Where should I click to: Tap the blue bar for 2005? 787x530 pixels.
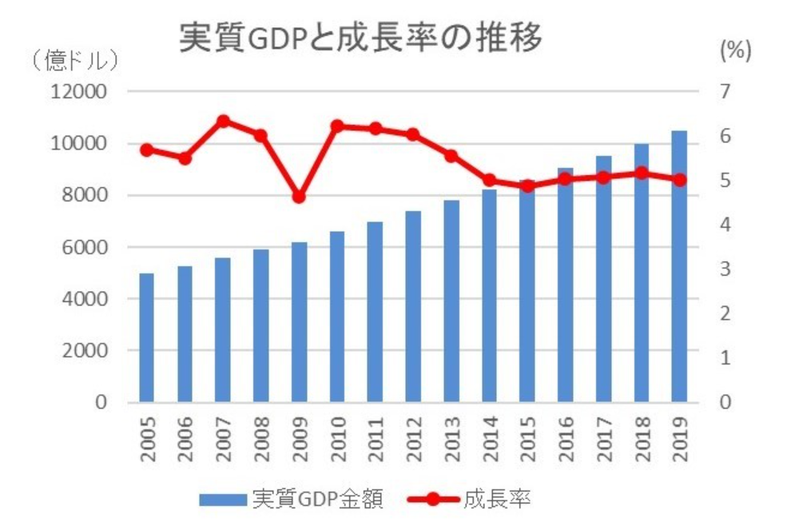pos(146,337)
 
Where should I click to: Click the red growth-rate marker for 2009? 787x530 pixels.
pos(299,197)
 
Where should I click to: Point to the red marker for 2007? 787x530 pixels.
pos(223,122)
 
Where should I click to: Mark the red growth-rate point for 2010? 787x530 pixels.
pos(337,126)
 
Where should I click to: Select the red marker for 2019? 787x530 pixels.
pos(679,180)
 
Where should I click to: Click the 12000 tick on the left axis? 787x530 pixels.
pos(78,92)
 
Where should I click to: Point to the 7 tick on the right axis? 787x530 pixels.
pos(725,92)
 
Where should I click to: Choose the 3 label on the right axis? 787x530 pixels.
pos(725,269)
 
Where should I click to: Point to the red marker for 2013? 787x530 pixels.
pos(451,156)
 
